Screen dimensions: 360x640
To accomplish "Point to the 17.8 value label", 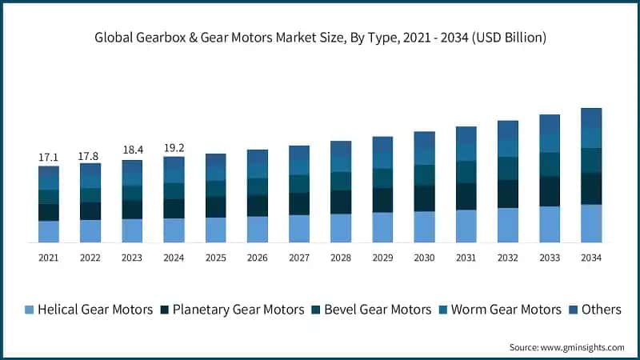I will click(x=90, y=156).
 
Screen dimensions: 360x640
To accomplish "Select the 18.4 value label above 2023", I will click(x=132, y=150).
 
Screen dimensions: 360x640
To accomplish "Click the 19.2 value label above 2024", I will click(x=174, y=147).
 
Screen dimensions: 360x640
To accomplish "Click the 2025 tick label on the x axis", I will click(x=215, y=258).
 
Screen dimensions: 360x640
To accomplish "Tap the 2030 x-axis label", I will click(x=424, y=258).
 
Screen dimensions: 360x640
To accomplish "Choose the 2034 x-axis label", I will click(x=590, y=258).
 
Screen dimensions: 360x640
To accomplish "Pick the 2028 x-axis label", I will click(x=341, y=258).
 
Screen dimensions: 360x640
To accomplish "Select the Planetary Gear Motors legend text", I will click(x=238, y=310).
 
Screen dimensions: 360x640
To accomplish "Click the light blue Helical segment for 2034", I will click(x=590, y=223).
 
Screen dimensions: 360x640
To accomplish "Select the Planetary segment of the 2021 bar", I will click(x=49, y=212).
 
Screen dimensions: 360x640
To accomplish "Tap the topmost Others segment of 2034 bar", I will click(x=590, y=117).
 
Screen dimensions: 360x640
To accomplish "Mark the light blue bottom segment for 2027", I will click(x=299, y=229).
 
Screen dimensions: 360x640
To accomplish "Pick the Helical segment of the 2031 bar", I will click(x=466, y=226).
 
